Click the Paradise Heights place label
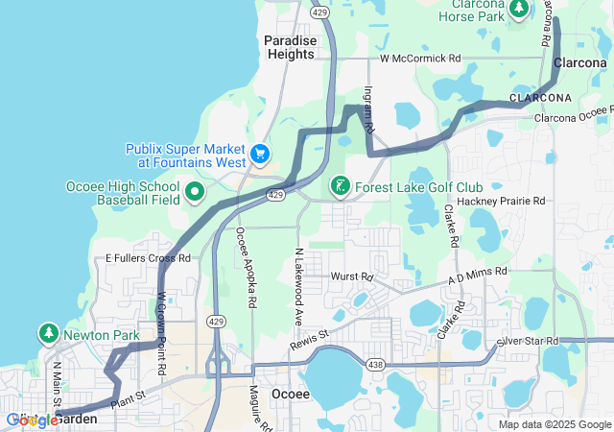coord(289,47)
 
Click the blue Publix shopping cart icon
coord(258,154)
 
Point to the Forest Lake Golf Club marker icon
coord(340,186)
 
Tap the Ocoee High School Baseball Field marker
coord(196,192)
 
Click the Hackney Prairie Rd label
coord(501,202)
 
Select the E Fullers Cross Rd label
coord(149,258)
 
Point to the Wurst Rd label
coord(351,276)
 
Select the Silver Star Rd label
coord(527,342)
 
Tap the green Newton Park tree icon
coord(48,334)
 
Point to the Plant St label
coord(128,396)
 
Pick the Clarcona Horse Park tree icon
coord(519,9)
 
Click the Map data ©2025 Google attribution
coord(555,424)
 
